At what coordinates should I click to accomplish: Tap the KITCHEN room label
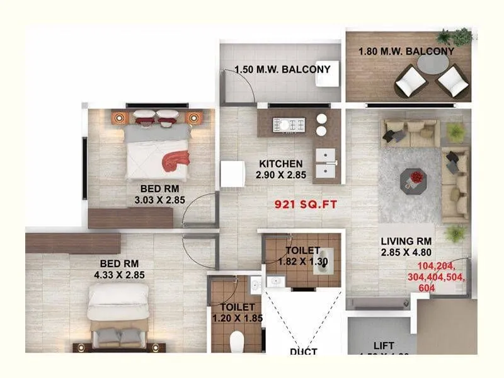[x=281, y=164]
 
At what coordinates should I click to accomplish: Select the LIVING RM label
[x=406, y=241]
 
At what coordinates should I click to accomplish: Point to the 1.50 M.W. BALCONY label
[x=282, y=69]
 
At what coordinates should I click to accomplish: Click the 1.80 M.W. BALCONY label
[x=406, y=52]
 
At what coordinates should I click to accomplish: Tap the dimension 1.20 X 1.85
[x=238, y=319]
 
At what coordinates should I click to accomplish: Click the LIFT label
[x=384, y=345]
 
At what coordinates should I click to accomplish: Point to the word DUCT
[x=303, y=352]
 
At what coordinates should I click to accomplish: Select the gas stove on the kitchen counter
[x=289, y=124]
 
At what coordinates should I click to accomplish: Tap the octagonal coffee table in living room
[x=415, y=179]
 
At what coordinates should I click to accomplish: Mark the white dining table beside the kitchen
[x=232, y=174]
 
